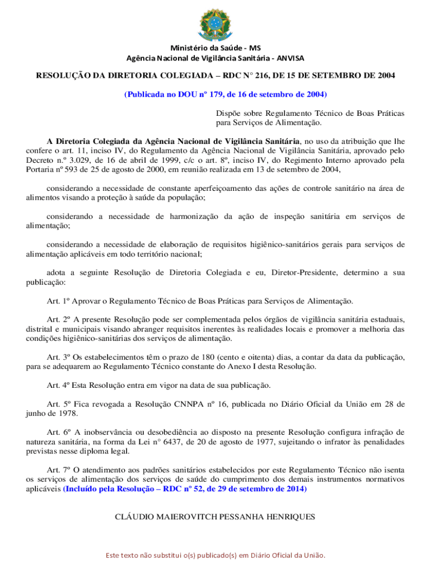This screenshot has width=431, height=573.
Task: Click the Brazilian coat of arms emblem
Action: click(215, 22)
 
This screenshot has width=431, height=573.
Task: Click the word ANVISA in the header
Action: click(289, 58)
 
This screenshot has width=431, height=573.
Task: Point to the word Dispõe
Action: click(229, 113)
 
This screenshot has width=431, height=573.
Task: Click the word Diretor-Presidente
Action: click(304, 273)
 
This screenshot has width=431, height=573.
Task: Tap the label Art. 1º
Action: click(58, 302)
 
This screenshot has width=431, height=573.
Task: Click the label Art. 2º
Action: click(58, 320)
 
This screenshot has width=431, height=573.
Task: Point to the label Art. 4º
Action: click(58, 386)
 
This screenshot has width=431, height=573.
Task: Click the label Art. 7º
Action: click(58, 470)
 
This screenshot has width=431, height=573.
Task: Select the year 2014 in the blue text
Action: click(296, 489)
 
